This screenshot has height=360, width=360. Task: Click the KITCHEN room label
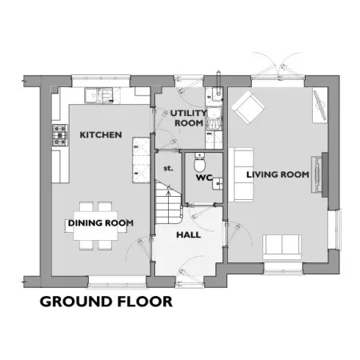click(x=101, y=134)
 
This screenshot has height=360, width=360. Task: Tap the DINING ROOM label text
click(x=101, y=223)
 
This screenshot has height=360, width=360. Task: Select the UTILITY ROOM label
click(x=189, y=118)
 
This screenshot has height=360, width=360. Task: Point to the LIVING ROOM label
click(x=278, y=174)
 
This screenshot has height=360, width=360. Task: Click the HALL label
click(x=189, y=235)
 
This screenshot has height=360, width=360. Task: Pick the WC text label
click(x=204, y=178)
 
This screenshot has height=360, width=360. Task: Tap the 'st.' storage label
click(x=168, y=169)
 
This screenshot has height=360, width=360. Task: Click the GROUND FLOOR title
click(x=106, y=302)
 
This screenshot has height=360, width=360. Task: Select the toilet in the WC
click(x=199, y=162)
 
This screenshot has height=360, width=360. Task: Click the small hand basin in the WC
click(x=218, y=183)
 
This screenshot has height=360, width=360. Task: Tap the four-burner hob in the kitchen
click(x=60, y=135)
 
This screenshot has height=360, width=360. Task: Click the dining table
click(x=96, y=226)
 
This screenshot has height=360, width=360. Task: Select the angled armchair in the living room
click(x=248, y=107)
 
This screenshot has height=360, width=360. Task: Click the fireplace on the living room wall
click(x=319, y=174)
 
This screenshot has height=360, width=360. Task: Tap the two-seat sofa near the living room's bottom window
click(x=282, y=247)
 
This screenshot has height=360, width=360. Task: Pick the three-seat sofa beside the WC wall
click(x=241, y=174)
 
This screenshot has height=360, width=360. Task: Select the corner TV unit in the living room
click(x=320, y=106)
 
